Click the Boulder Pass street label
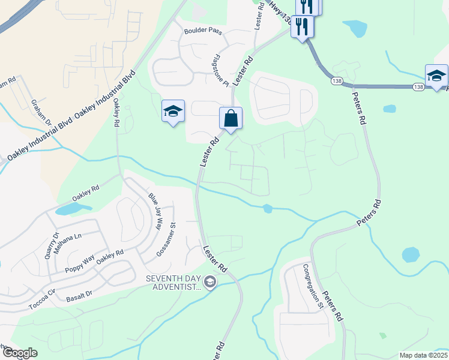click(203, 31)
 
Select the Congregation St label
click(313, 286)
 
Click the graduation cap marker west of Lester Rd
click(173, 111)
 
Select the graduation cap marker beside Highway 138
click(436, 76)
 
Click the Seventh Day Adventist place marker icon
click(209, 281)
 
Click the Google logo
click(19, 353)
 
